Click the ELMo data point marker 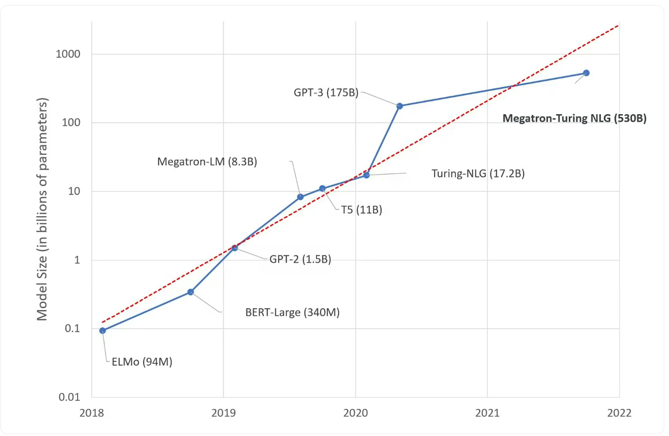coord(103,331)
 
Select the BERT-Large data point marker coord(191,292)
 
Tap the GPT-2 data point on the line coord(235,248)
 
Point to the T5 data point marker coord(322,189)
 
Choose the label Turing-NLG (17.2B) coord(478,173)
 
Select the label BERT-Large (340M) coord(292,312)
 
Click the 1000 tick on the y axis coord(68,54)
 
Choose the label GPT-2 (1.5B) coord(300,259)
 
